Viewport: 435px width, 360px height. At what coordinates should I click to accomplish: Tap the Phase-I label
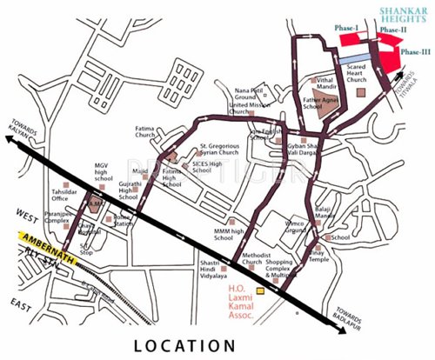(347, 28)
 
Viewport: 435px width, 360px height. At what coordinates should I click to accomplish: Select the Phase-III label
(414, 53)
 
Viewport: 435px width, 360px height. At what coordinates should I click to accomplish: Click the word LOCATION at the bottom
(185, 345)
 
